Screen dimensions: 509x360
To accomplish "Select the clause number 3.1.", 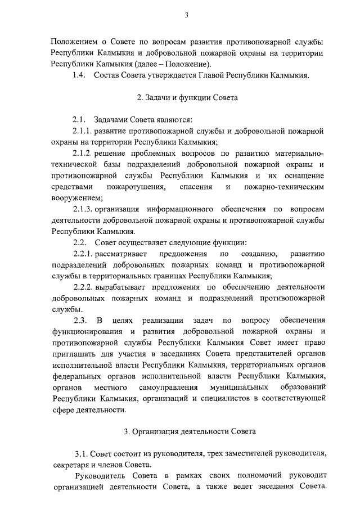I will pyautogui.click(x=82, y=453).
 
